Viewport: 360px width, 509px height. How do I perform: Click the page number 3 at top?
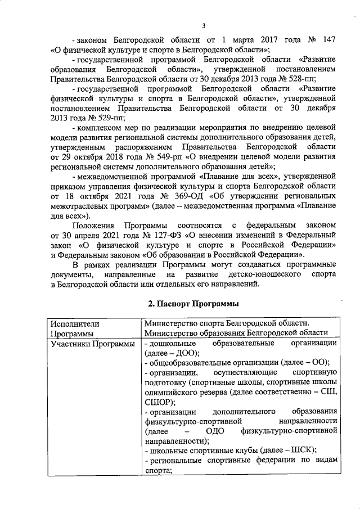coord(204,25)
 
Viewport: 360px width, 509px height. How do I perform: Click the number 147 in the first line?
coord(329,41)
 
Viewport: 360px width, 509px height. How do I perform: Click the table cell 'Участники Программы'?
coord(92,343)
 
